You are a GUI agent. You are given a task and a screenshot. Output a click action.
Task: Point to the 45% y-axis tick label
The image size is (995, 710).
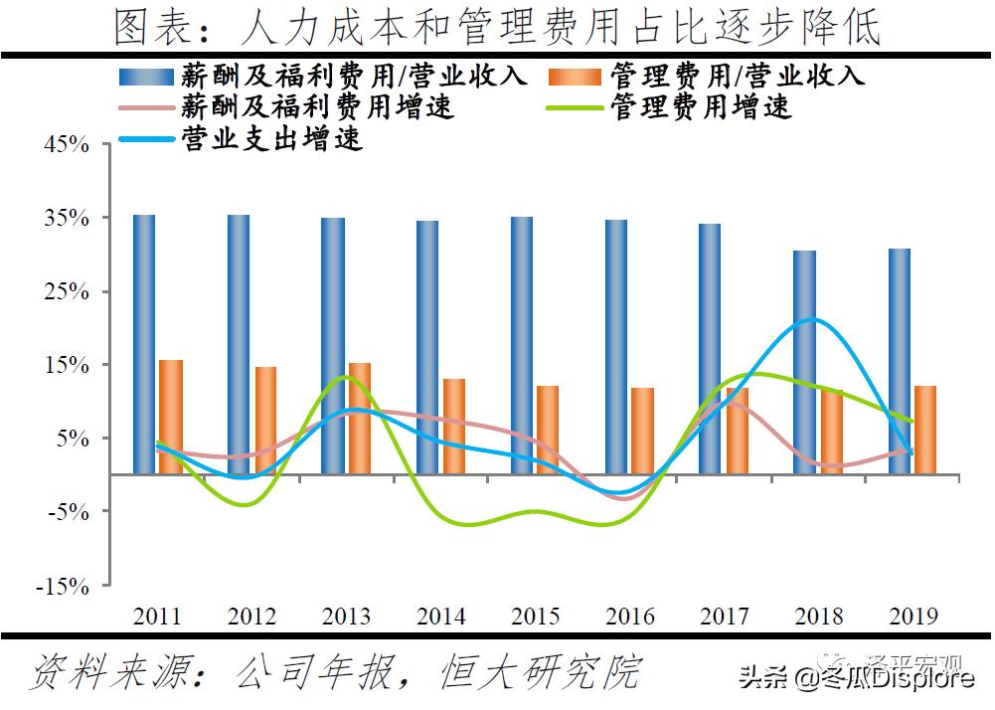[x=67, y=145]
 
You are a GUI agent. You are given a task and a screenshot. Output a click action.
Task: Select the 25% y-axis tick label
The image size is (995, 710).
[x=67, y=292]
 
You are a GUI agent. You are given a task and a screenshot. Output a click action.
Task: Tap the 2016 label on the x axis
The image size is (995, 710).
[x=629, y=617]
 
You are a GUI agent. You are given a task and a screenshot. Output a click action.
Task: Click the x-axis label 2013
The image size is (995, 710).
[x=346, y=617]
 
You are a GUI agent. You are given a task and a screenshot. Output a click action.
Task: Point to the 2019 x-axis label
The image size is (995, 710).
[x=912, y=617]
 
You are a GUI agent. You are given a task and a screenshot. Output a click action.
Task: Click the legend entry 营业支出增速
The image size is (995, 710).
[x=270, y=139]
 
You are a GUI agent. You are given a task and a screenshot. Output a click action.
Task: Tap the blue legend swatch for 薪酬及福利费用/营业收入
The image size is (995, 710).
[x=146, y=77]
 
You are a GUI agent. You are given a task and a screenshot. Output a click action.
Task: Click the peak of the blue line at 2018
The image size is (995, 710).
[x=813, y=320]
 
